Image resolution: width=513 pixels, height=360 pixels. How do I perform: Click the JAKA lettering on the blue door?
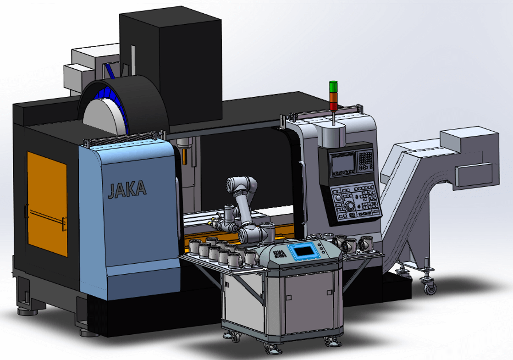[127, 189]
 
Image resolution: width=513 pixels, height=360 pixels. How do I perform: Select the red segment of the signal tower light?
[333, 106]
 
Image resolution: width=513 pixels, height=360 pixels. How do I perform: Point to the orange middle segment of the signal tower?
[333, 97]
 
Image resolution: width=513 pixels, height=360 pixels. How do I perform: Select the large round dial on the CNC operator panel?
[349, 205]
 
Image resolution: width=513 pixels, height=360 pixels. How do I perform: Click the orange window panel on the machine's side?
[47, 204]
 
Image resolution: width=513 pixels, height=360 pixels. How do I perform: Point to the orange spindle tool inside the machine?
[184, 156]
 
